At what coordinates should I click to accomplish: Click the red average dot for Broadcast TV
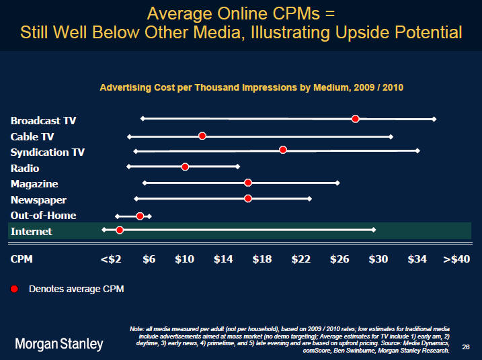(x=355, y=119)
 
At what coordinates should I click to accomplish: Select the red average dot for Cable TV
(x=202, y=136)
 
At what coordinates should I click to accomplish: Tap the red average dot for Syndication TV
(x=283, y=149)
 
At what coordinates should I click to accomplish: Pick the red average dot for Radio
(x=185, y=167)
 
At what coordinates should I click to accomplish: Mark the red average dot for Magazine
(x=248, y=183)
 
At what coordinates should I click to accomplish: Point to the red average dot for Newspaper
(x=248, y=198)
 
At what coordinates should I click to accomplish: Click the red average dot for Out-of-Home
(x=140, y=216)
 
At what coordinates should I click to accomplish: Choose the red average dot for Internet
(x=120, y=230)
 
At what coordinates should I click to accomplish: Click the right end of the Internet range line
(x=374, y=230)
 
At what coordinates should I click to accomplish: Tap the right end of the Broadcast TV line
(x=434, y=119)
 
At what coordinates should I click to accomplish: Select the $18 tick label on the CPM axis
(x=262, y=259)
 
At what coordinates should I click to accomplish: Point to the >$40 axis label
(x=456, y=259)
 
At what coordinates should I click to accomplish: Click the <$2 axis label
(x=110, y=259)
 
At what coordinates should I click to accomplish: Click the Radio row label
(x=25, y=168)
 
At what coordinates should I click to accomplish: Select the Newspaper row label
(x=38, y=199)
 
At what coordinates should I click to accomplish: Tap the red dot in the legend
(x=15, y=289)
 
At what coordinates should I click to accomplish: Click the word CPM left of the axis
(x=22, y=259)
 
